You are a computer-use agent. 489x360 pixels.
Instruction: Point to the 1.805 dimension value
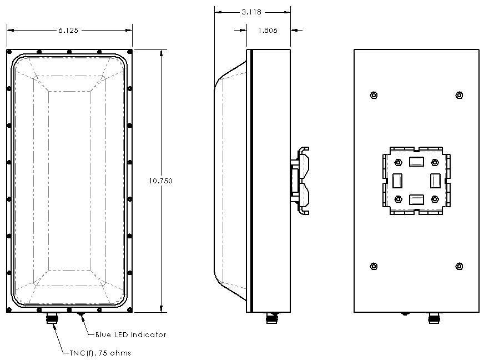[x=268, y=31]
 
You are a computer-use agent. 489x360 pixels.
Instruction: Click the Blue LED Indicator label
[x=127, y=334]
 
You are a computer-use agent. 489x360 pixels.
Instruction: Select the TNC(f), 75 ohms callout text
[x=100, y=353]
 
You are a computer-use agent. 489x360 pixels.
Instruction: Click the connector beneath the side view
[x=271, y=318]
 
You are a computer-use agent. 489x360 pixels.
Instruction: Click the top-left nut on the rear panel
[x=374, y=95]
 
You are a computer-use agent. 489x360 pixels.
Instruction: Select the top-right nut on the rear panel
[x=458, y=95]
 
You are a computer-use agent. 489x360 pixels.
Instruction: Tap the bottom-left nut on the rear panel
[x=374, y=266]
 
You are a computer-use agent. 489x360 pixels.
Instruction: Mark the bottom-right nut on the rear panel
[x=458, y=266]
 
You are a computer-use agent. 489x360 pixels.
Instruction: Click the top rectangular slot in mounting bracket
[x=416, y=162]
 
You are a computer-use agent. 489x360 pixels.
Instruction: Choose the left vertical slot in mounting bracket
[x=397, y=181]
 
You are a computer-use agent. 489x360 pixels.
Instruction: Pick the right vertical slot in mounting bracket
[x=435, y=181]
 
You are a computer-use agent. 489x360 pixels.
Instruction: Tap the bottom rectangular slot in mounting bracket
[x=416, y=199]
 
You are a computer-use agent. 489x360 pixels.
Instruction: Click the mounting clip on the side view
[x=300, y=181]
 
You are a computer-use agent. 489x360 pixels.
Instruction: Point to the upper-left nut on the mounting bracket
[x=398, y=162]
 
